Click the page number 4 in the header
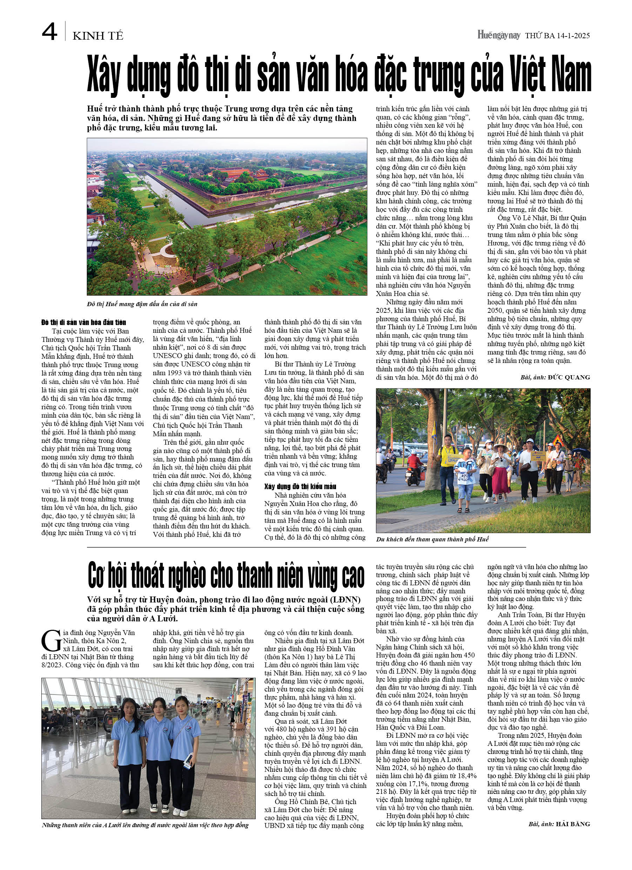coord(49,32)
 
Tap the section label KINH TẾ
coord(98,36)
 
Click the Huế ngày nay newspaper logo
coord(498,35)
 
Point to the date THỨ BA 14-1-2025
coord(557,36)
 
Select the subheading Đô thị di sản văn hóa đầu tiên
coord(84,322)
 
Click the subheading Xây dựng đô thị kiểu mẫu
coord(300,486)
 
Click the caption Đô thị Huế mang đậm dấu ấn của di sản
coord(142,304)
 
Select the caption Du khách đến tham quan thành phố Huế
coord(432,539)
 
